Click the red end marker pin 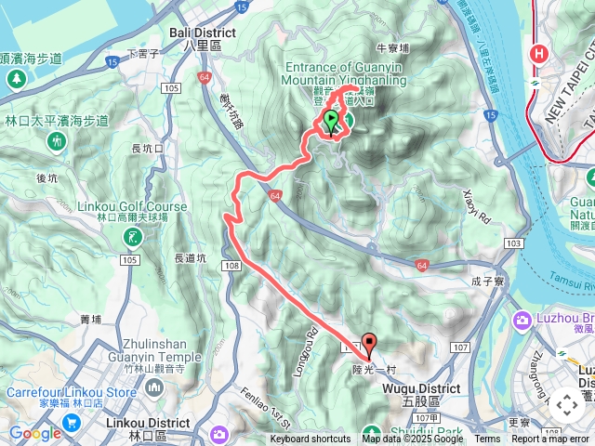(368, 345)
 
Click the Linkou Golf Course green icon (132, 238)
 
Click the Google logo (35, 433)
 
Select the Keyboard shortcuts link (310, 439)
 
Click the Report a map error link (550, 439)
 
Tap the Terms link (487, 439)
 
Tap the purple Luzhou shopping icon (522, 321)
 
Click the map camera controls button (566, 405)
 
